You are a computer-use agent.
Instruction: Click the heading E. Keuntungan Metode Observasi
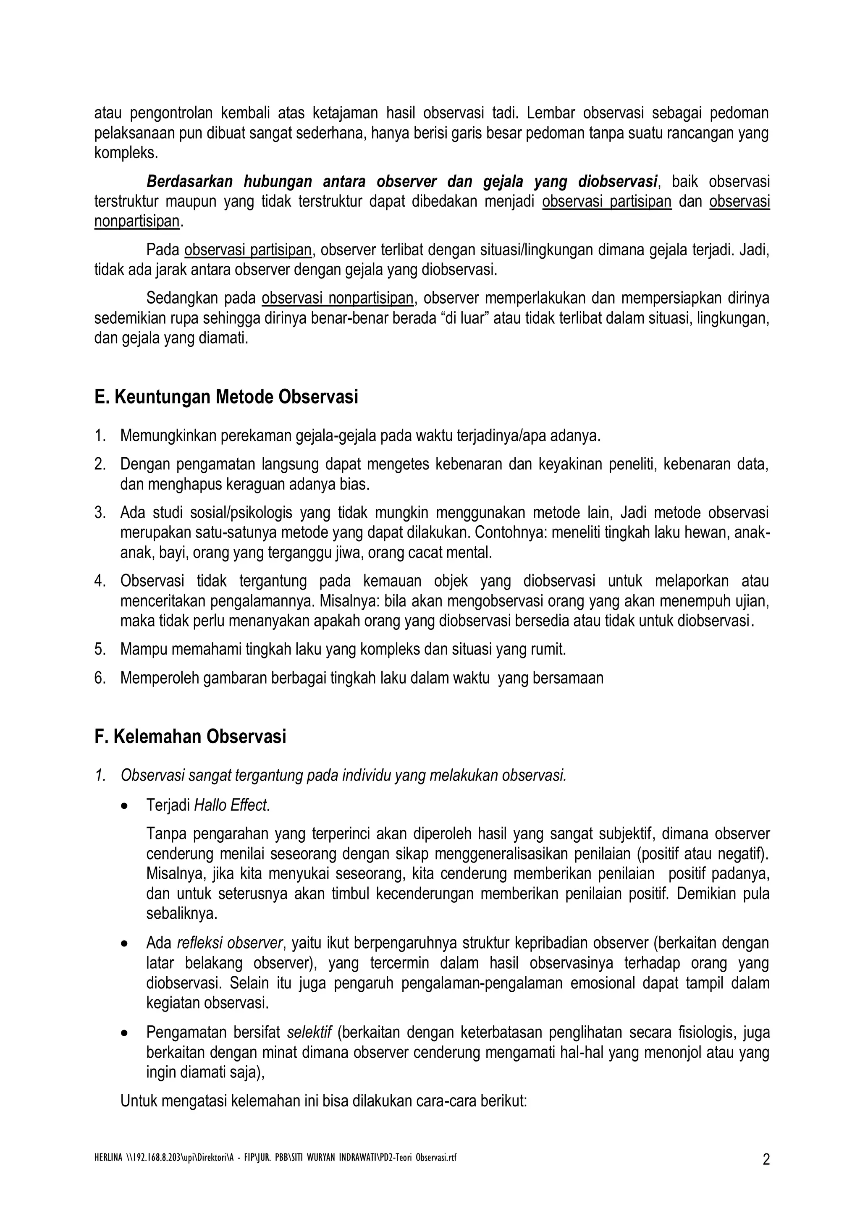point(226,397)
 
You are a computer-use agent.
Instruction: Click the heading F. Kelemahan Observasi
point(190,736)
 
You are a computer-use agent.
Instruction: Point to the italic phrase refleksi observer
point(230,943)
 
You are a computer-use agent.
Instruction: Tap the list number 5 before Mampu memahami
point(100,649)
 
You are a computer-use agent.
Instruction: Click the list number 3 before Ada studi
point(100,513)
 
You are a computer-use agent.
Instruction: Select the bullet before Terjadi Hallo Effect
point(124,807)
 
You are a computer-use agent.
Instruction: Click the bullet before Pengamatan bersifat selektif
point(124,1033)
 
